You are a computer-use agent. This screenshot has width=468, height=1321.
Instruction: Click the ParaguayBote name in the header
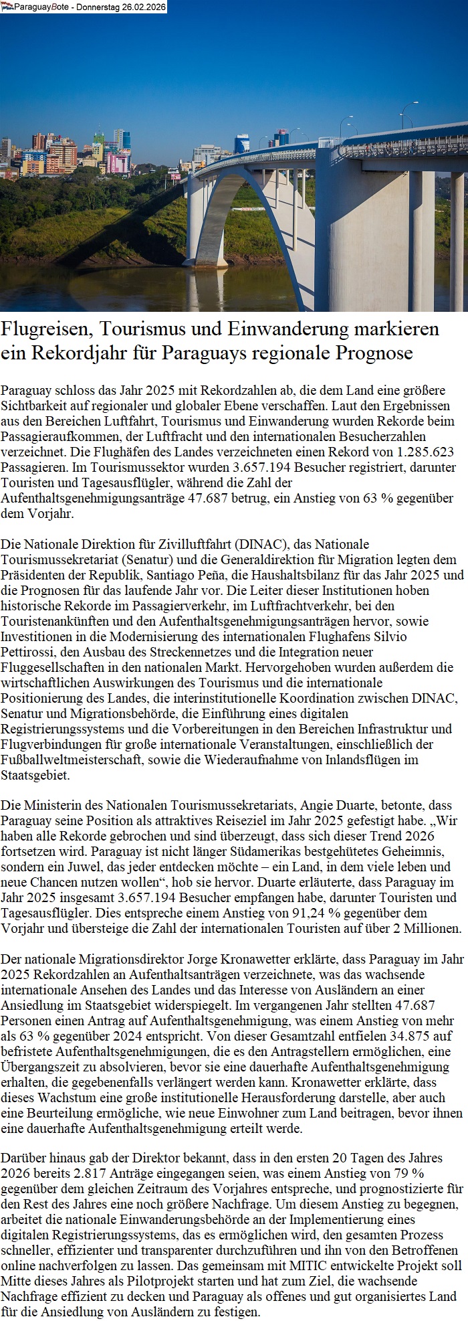click(x=35, y=7)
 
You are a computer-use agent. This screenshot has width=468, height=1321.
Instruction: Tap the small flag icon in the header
click(x=7, y=7)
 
